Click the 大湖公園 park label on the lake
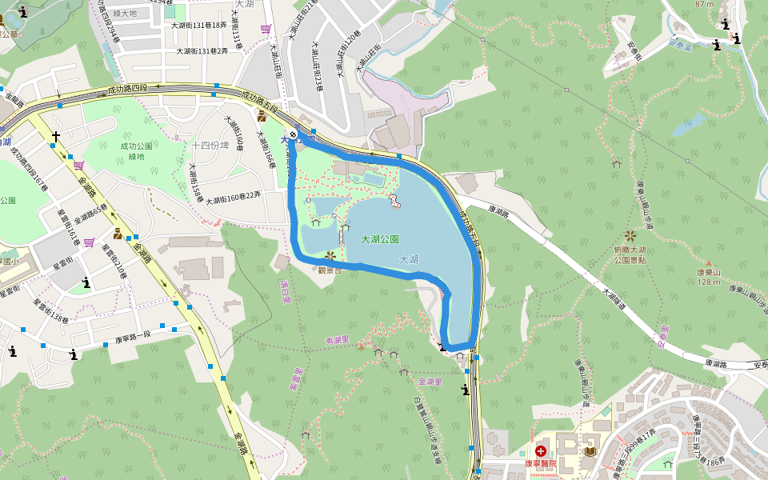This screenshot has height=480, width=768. pyautogui.click(x=379, y=239)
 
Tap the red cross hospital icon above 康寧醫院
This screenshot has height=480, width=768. pyautogui.click(x=542, y=452)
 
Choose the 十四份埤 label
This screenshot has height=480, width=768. pyautogui.click(x=210, y=145)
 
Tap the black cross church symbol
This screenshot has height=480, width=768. pyautogui.click(x=56, y=137)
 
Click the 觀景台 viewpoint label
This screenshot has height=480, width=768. pyautogui.click(x=330, y=270)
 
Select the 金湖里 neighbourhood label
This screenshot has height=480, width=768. pyautogui.click(x=430, y=382)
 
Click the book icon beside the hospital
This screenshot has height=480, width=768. pyautogui.click(x=590, y=452)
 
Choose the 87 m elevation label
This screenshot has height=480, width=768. pyautogui.click(x=704, y=4)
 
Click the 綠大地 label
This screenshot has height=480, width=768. pyautogui.click(x=148, y=13)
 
